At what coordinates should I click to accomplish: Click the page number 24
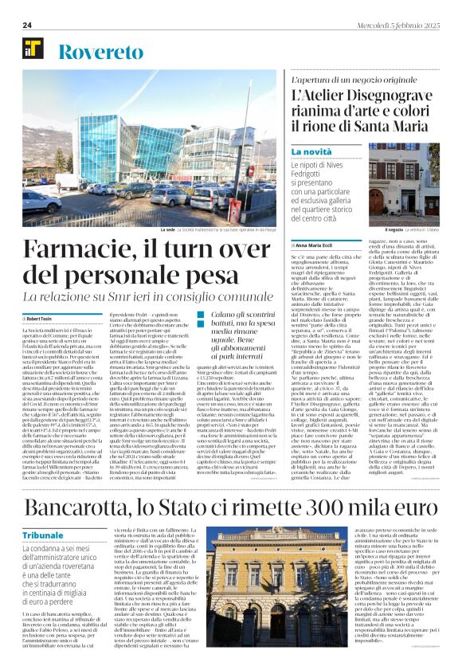pos(27,25)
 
